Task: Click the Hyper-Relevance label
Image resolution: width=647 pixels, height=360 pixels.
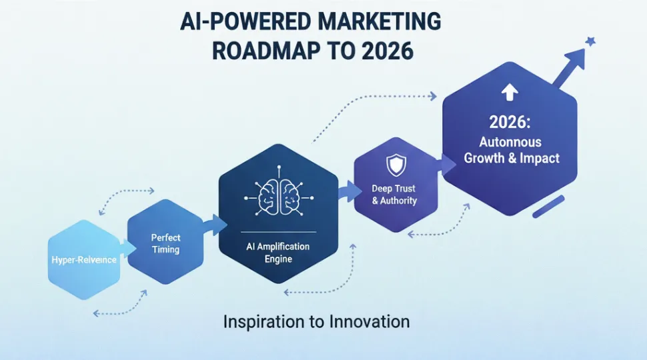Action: (83, 260)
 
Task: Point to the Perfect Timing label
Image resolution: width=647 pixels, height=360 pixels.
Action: (165, 243)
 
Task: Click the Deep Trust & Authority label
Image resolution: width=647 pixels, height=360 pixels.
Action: (394, 195)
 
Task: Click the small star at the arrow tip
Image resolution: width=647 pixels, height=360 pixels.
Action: (589, 42)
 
